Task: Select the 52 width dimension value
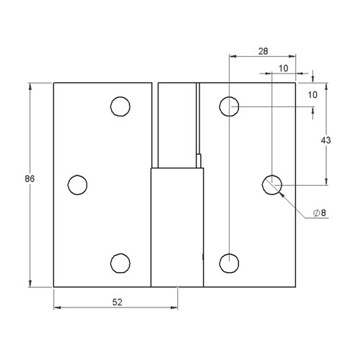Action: (117, 303)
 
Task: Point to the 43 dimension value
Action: (325, 141)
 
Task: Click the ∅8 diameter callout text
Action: (320, 213)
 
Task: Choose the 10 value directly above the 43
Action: (313, 94)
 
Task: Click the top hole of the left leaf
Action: (120, 107)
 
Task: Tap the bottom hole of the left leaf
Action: (120, 263)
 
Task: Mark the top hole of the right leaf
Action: (229, 107)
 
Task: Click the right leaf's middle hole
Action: (271, 184)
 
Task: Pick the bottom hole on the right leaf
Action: (229, 263)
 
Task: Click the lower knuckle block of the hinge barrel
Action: (177, 227)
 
